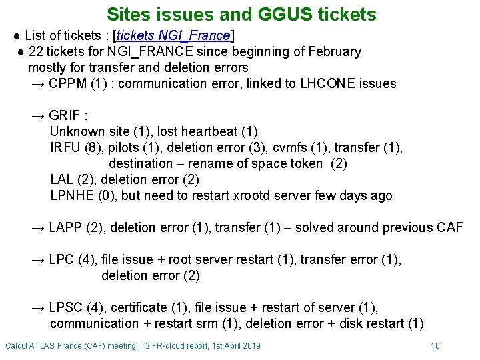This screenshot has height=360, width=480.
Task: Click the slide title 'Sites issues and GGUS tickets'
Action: click(241, 14)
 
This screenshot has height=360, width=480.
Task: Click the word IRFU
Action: click(65, 147)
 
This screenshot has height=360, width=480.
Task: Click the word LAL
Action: click(61, 179)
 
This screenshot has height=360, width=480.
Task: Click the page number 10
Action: click(435, 345)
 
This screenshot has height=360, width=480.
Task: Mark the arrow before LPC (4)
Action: click(39, 259)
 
